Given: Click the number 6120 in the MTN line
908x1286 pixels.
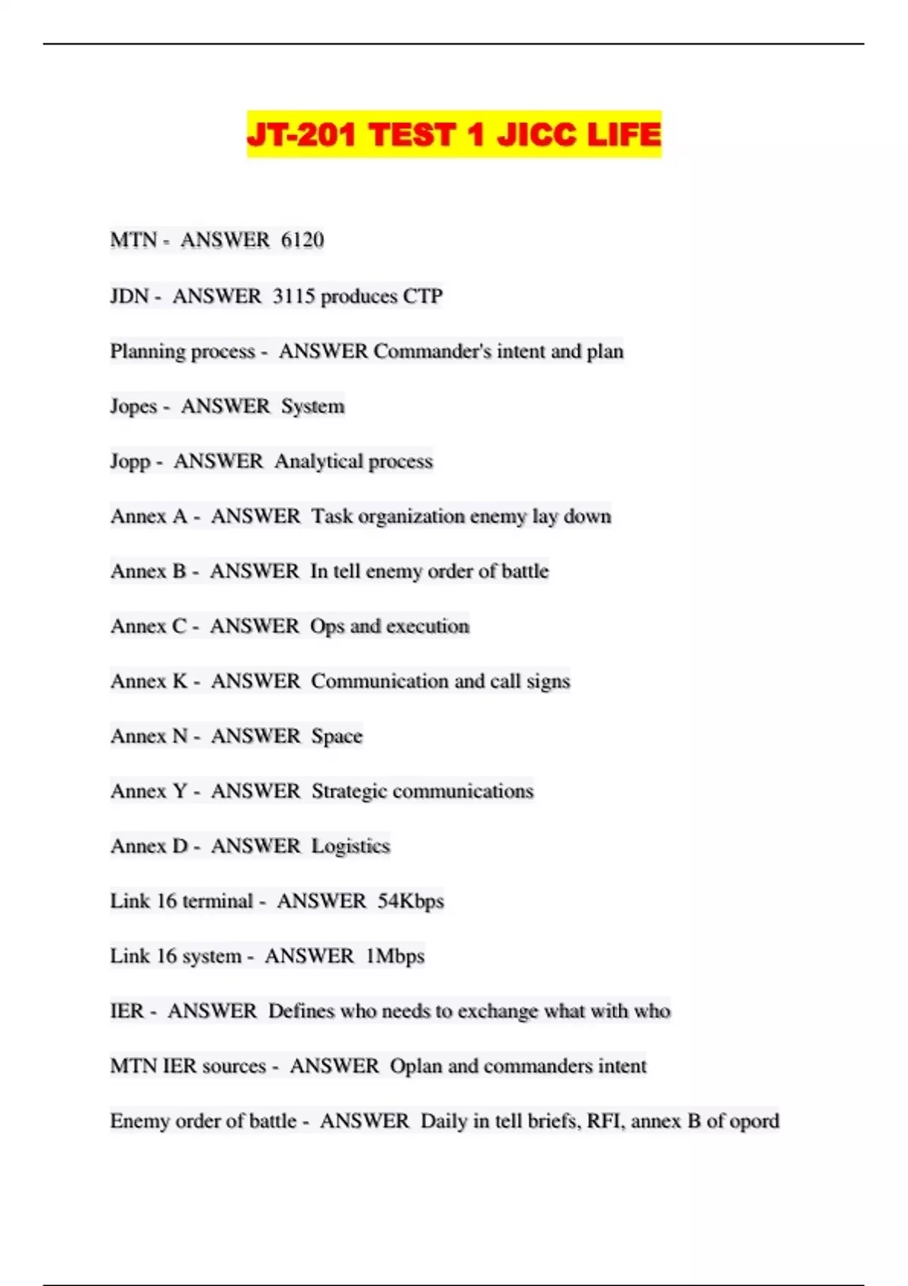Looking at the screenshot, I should pos(302,241).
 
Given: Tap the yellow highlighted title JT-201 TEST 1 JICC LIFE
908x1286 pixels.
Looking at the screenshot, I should pos(454,135).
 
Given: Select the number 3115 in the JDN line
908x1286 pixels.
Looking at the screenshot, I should pos(294,296).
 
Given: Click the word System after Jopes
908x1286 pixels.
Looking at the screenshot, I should pos(313,406).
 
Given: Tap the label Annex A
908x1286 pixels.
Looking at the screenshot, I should pos(149,517).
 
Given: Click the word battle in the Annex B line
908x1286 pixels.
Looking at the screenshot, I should pos(524,571).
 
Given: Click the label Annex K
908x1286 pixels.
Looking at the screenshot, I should pos(149,682).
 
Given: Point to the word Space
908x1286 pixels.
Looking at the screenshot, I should pos(337,736).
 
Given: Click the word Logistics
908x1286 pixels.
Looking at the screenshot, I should pos(350,846).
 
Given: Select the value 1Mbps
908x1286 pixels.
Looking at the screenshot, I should pos(394,956).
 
